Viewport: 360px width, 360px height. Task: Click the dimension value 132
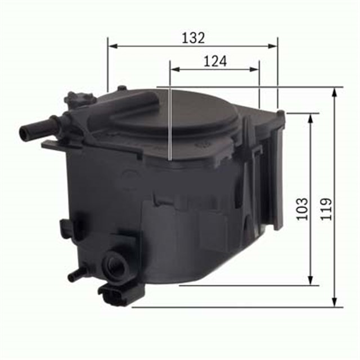click(x=193, y=38)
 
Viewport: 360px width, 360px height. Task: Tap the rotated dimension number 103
click(x=302, y=208)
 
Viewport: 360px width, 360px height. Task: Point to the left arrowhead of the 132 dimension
click(x=111, y=46)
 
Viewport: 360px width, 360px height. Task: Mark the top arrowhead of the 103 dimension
click(x=310, y=116)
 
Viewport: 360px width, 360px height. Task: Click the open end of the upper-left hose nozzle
click(x=23, y=133)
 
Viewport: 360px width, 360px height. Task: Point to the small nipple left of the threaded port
click(x=74, y=276)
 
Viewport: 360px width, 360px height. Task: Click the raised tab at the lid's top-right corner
click(x=280, y=114)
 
